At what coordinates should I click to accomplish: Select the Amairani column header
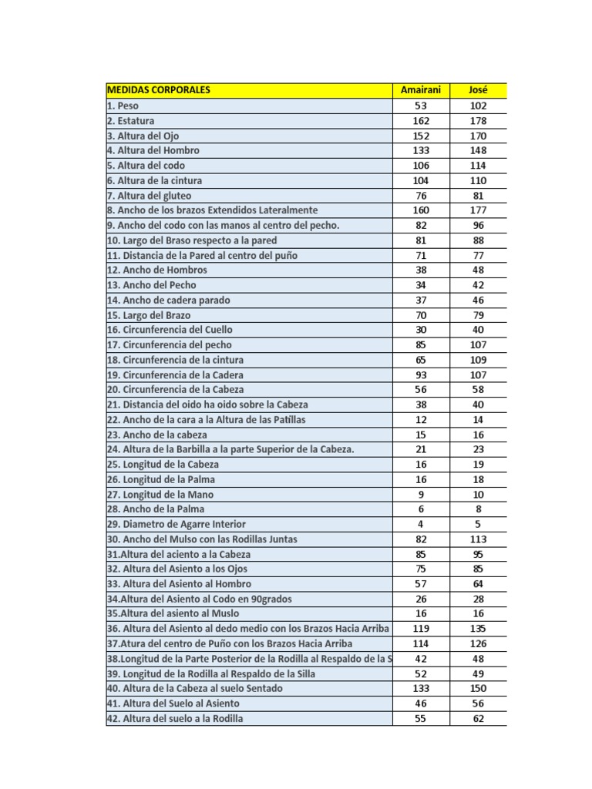point(421,90)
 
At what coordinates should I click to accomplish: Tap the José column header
point(478,90)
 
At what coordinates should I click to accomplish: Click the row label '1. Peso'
point(123,106)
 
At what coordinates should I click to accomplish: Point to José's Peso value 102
point(478,106)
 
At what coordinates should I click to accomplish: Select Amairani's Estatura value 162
point(421,121)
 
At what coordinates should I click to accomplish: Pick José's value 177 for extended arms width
point(478,210)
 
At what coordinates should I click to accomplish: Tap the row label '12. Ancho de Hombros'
point(157,270)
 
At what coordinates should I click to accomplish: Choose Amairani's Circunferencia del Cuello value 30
point(421,330)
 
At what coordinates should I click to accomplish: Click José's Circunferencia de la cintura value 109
point(478,360)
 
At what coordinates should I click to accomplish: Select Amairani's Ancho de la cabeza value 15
point(421,435)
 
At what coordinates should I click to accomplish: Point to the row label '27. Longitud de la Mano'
point(160,494)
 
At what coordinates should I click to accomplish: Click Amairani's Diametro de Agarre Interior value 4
point(421,524)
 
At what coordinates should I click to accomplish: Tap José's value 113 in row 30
point(478,539)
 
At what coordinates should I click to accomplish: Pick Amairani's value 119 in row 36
point(421,629)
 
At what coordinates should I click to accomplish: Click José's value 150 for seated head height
point(478,688)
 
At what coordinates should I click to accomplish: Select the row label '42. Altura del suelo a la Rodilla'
point(175,719)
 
